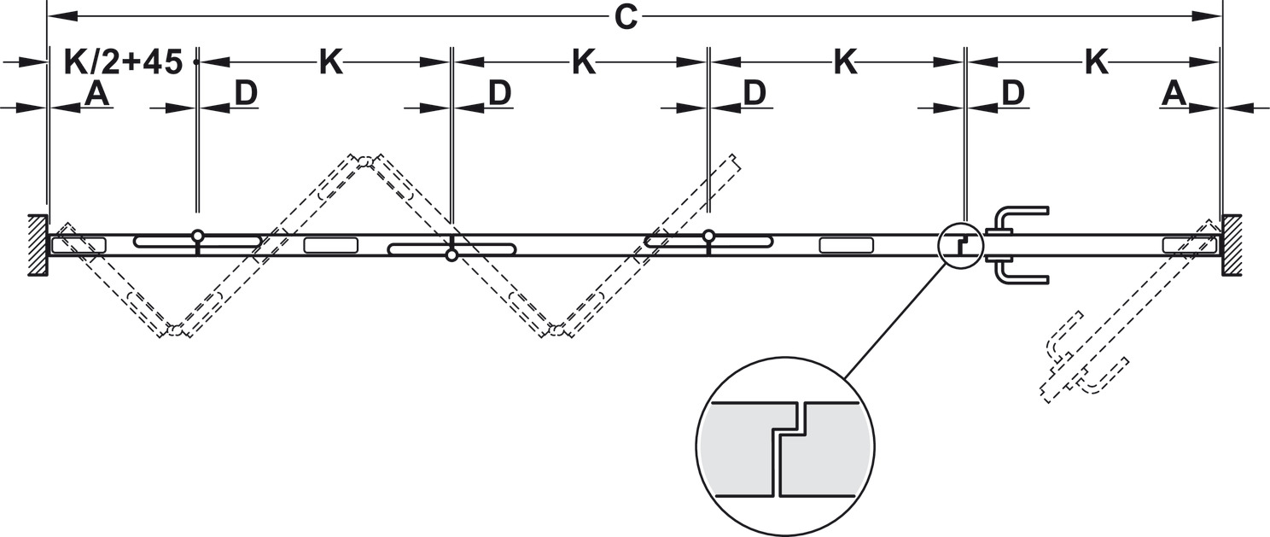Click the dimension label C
626,18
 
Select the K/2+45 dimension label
124,62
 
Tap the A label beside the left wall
97,94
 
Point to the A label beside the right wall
1174,94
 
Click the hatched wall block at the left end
35,245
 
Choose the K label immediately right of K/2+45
331,62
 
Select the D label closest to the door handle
1012,94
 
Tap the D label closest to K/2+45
246,94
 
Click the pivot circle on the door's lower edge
451,255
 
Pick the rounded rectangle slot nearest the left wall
79,245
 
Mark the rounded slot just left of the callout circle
846,245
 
